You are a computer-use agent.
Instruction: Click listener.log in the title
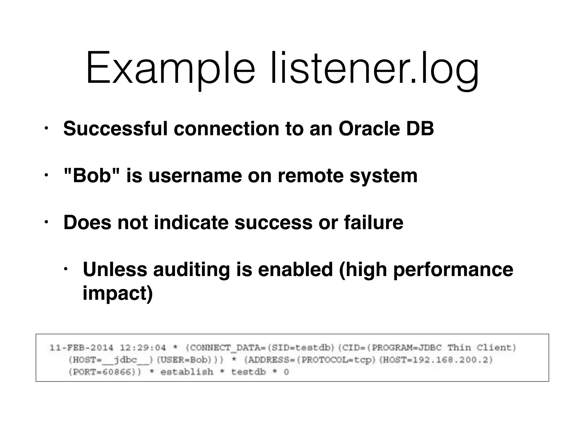pyautogui.click(x=374, y=69)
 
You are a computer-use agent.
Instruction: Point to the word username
pyautogui.click(x=195, y=176)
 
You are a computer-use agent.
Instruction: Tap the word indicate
pyautogui.click(x=191, y=222)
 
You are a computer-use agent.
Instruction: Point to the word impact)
pyautogui.click(x=118, y=293)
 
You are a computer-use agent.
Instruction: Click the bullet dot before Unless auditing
pyautogui.click(x=65, y=269)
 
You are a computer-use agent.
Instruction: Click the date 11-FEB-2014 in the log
pyautogui.click(x=81, y=348)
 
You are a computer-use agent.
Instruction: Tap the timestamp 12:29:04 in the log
pyautogui.click(x=143, y=348)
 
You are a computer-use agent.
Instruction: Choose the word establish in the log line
pyautogui.click(x=187, y=372)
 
